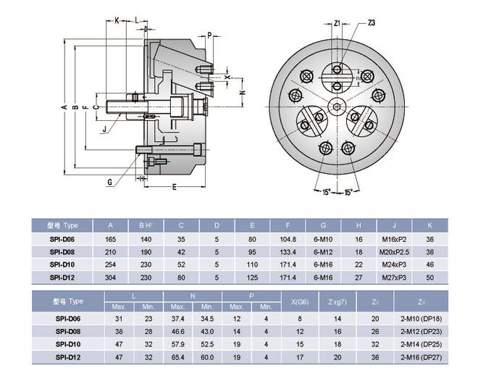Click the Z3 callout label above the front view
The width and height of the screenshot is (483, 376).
pos(371,23)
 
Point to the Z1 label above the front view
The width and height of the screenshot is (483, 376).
pos(337,23)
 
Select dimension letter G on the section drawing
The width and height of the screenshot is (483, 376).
pos(109,182)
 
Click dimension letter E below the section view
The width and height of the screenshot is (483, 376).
pos(175,187)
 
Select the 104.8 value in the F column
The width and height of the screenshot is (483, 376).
pos(288,238)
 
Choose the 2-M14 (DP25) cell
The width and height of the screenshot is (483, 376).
pos(421,344)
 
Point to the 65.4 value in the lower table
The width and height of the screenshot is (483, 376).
pos(178,357)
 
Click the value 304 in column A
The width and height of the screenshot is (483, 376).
pos(111,277)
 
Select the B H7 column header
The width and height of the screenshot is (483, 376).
pos(146,225)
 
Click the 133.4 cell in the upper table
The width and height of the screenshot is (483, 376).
pos(288,251)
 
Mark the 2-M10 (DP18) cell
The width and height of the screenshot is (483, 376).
pos(421,318)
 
